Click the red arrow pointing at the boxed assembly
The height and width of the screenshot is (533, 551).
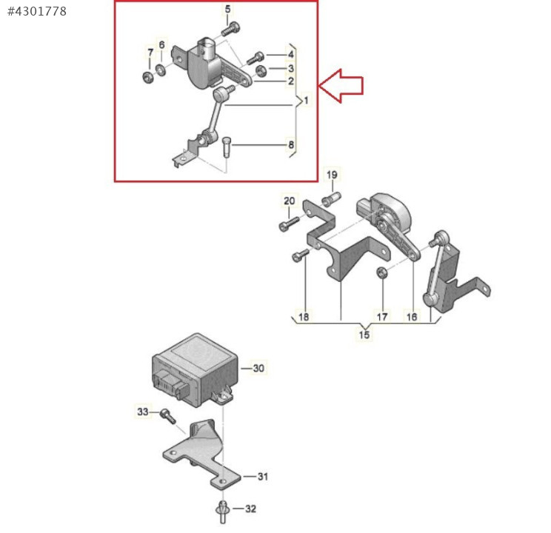click(341, 86)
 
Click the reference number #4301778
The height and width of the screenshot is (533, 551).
click(37, 11)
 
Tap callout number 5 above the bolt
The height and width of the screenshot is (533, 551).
click(227, 9)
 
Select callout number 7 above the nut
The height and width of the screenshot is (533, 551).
click(150, 53)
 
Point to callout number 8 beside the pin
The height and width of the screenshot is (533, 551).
click(291, 144)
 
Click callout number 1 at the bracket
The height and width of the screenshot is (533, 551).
click(306, 101)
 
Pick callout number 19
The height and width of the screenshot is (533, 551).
click(332, 175)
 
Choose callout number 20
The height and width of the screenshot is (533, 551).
click(290, 201)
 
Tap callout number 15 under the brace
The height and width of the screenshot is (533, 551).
click(364, 334)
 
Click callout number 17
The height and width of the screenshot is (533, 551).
click(382, 317)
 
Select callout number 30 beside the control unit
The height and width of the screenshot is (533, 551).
click(258, 368)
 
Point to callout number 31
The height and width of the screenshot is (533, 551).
click(263, 477)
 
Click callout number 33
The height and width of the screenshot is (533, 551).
click(143, 412)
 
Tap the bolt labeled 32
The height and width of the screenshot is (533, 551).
click(222, 512)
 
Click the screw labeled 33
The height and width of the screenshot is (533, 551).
click(167, 416)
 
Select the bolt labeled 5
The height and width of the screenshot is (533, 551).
click(231, 29)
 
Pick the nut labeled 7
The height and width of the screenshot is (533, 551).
click(147, 77)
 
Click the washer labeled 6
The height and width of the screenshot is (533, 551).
click(161, 70)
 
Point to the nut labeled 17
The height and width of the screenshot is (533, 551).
click(381, 272)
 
